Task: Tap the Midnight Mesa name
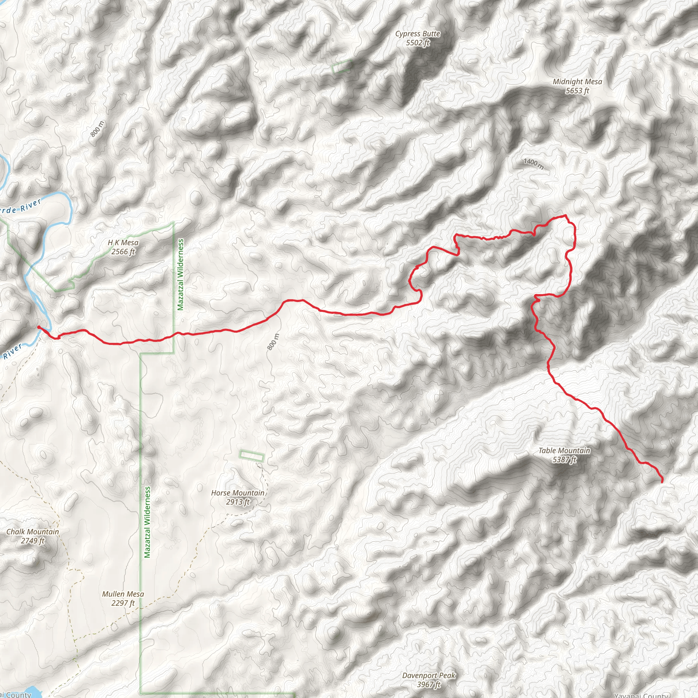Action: [x=577, y=82]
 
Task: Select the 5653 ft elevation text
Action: [x=577, y=91]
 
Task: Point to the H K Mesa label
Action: [x=123, y=242]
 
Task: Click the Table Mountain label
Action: [x=564, y=451]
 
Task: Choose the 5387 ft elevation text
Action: [x=564, y=459]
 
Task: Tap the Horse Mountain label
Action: [x=238, y=493]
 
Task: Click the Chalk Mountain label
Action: [x=32, y=531]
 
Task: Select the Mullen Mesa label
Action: [x=123, y=594]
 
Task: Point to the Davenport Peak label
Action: [x=429, y=675]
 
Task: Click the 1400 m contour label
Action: [x=534, y=163]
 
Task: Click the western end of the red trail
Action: [x=38, y=327]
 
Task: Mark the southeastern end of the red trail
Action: [x=662, y=482]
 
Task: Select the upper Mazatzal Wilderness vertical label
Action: [x=181, y=274]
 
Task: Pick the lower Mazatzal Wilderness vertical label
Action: [x=147, y=522]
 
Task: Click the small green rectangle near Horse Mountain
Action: [x=252, y=456]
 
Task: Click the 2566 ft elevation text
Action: [x=123, y=252]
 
